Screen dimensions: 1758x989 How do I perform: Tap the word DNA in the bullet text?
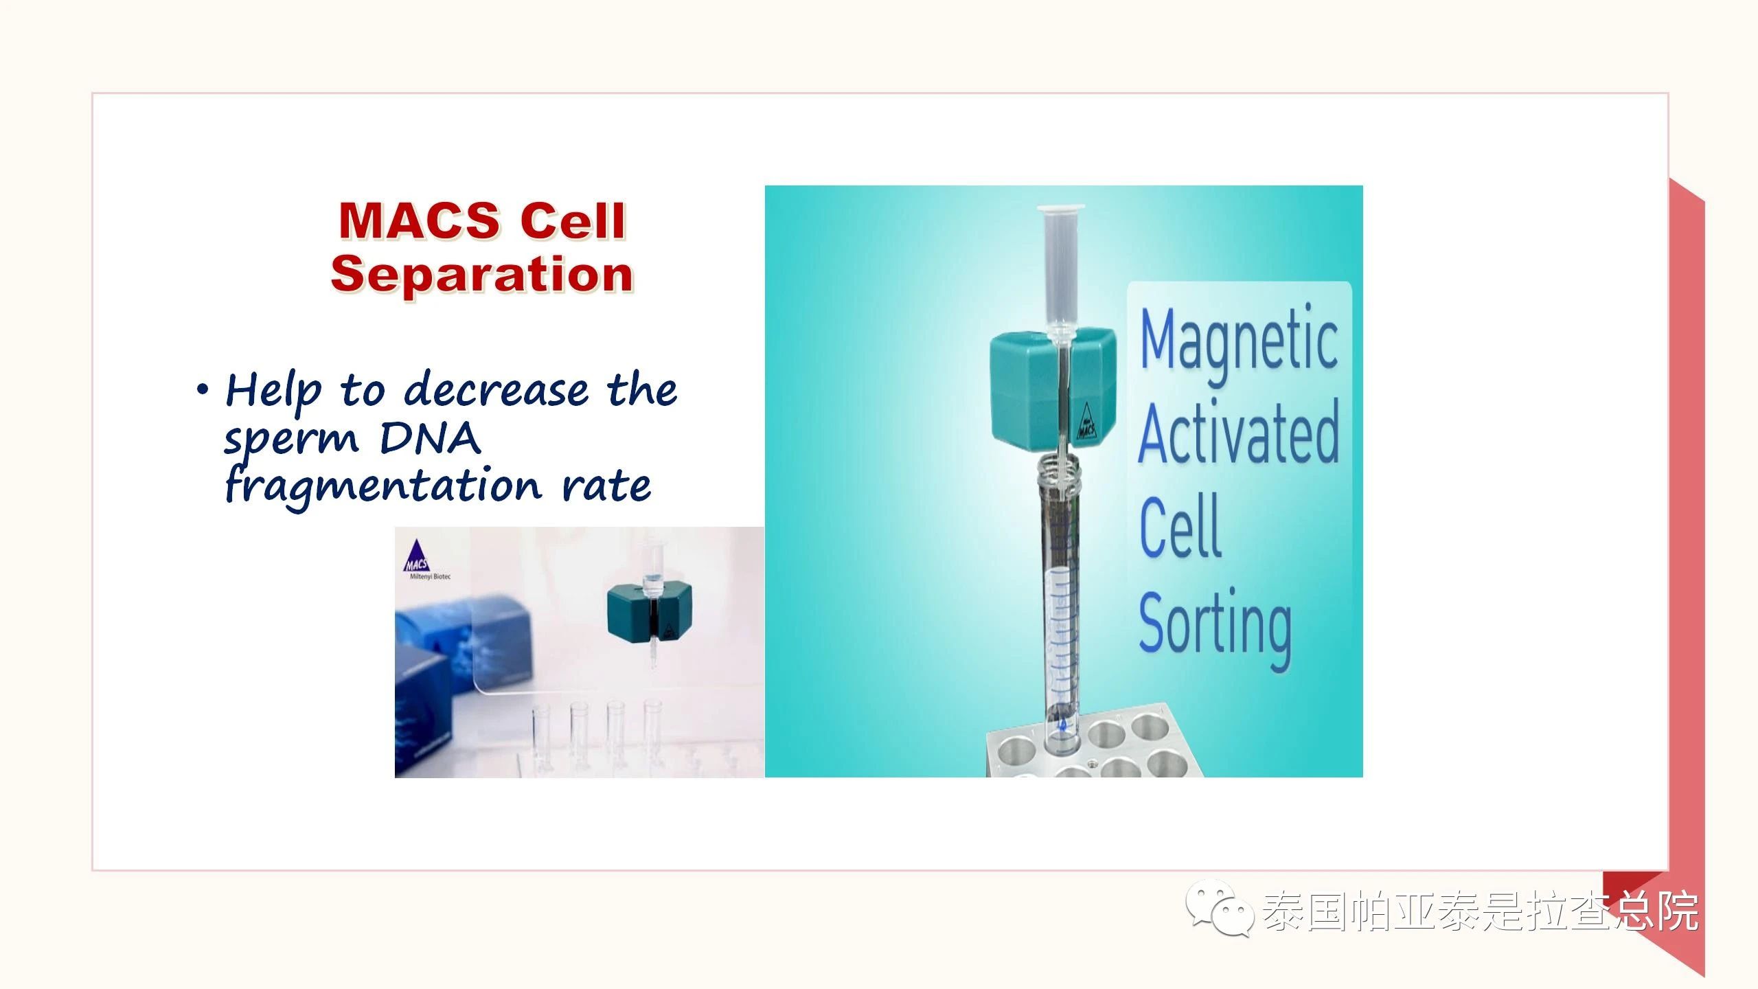click(430, 437)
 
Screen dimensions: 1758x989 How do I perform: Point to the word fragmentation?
click(383, 487)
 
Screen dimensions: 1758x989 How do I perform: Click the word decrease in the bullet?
click(496, 390)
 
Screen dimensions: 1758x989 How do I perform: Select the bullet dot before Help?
click(202, 390)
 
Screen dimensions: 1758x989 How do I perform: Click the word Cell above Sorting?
click(1180, 526)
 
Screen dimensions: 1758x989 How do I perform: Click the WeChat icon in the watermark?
click(1220, 909)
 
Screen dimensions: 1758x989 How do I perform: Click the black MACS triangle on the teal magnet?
click(1086, 421)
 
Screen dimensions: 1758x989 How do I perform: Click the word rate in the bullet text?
click(606, 487)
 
